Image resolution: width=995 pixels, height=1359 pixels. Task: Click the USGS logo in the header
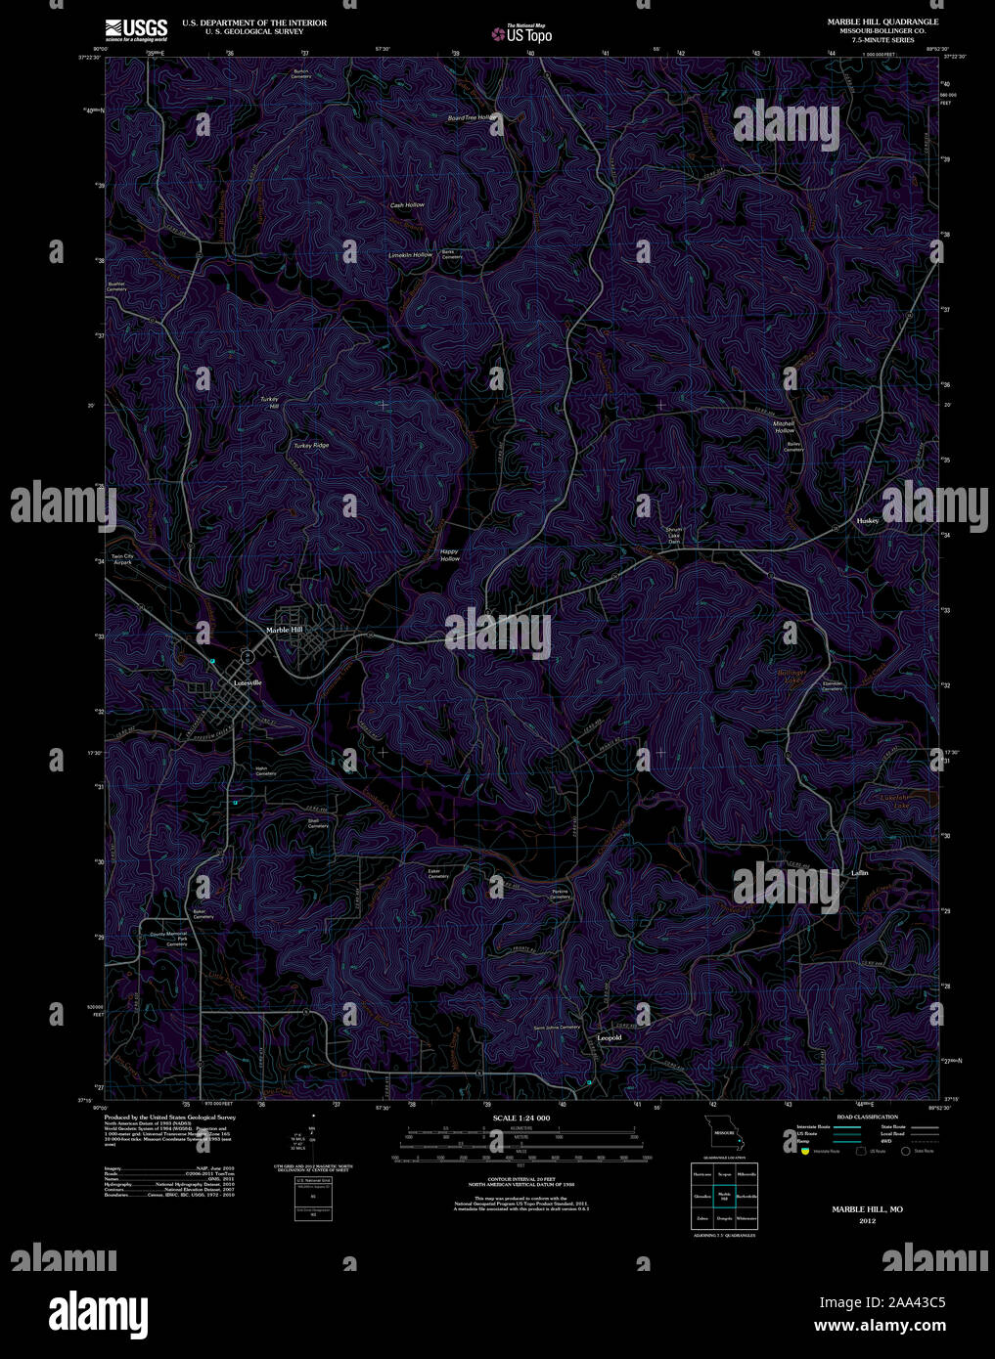[x=136, y=29]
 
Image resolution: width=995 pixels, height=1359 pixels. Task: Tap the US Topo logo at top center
[x=522, y=32]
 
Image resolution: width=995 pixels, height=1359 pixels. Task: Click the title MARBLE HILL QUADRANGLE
[x=882, y=22]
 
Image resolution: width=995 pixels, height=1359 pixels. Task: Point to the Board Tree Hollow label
[x=445, y=117]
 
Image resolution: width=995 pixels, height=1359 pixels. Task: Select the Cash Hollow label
[x=407, y=205]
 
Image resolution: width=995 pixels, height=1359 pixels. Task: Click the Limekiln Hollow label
[x=410, y=255]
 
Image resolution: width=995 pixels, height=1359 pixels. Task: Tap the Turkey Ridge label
[x=311, y=446]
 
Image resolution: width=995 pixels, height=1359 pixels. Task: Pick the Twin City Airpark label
[x=121, y=559]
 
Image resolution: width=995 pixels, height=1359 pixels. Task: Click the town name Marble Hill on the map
[x=285, y=630]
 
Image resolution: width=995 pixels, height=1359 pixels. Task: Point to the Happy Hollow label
[x=449, y=554]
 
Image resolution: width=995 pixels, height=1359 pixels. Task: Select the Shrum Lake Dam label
[x=673, y=536]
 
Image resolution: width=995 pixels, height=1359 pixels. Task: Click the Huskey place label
[x=868, y=521]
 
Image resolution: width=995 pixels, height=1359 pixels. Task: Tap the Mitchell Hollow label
[x=785, y=426]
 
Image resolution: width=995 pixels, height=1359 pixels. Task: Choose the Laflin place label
[x=860, y=872]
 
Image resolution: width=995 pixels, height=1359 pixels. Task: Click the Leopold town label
[x=609, y=1037]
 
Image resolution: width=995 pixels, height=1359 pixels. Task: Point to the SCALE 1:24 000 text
[x=521, y=1118]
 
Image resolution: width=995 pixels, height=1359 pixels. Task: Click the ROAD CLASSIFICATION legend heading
[x=860, y=1116]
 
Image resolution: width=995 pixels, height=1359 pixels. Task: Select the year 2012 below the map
[x=867, y=1221]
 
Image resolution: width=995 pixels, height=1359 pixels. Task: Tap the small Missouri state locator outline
[x=724, y=1133]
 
